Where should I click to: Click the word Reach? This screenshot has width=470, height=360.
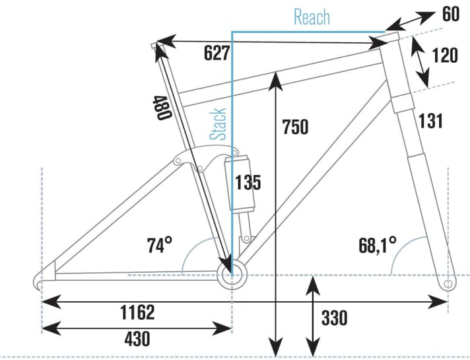(x=312, y=17)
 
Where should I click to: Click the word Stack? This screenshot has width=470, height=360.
(x=218, y=124)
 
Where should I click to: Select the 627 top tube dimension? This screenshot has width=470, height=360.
(x=217, y=54)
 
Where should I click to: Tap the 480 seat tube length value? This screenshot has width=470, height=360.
(x=162, y=107)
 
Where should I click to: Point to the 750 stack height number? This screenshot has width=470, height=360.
(x=294, y=127)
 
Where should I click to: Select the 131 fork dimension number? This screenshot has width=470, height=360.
(x=430, y=121)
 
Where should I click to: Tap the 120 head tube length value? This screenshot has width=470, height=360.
(x=444, y=55)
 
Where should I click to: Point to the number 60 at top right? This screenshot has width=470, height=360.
(x=451, y=13)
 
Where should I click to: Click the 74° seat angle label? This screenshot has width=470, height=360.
(x=159, y=246)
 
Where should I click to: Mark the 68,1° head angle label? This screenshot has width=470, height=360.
(x=376, y=245)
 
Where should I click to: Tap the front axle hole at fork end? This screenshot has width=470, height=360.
(x=448, y=283)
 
